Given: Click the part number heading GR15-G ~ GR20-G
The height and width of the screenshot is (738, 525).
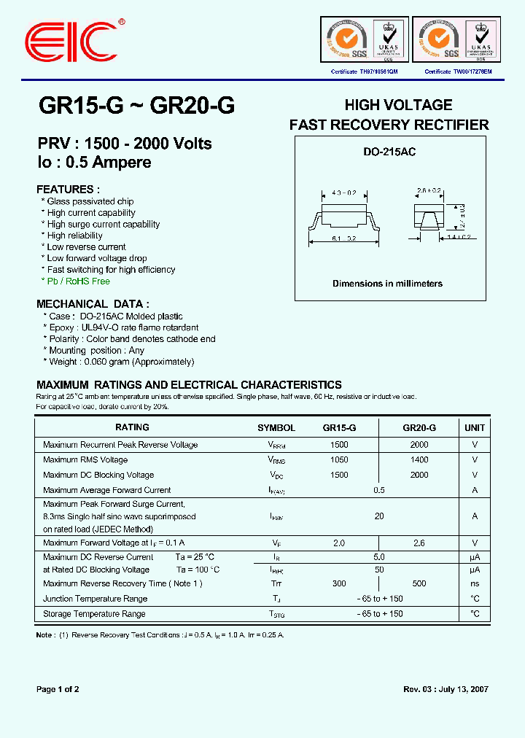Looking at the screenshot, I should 136,106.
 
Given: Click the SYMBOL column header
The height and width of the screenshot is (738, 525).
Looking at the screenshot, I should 276,428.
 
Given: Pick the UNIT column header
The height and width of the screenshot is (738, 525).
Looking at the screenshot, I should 475,428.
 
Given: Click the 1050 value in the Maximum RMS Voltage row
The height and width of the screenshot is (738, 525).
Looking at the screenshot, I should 339,460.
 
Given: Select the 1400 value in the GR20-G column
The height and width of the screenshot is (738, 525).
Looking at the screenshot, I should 419,460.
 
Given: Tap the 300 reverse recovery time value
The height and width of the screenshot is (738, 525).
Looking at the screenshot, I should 339,583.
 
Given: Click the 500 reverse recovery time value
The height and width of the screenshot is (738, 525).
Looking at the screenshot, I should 419,583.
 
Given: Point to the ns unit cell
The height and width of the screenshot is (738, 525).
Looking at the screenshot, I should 475,583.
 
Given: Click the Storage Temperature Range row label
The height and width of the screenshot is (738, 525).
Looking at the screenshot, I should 94,614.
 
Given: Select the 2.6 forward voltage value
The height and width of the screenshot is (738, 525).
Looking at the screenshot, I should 419,543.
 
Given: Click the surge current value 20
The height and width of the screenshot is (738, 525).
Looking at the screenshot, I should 379,516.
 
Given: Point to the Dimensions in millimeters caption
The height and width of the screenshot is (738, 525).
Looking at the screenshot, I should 387,284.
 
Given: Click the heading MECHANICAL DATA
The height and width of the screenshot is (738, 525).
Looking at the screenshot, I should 93,304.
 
